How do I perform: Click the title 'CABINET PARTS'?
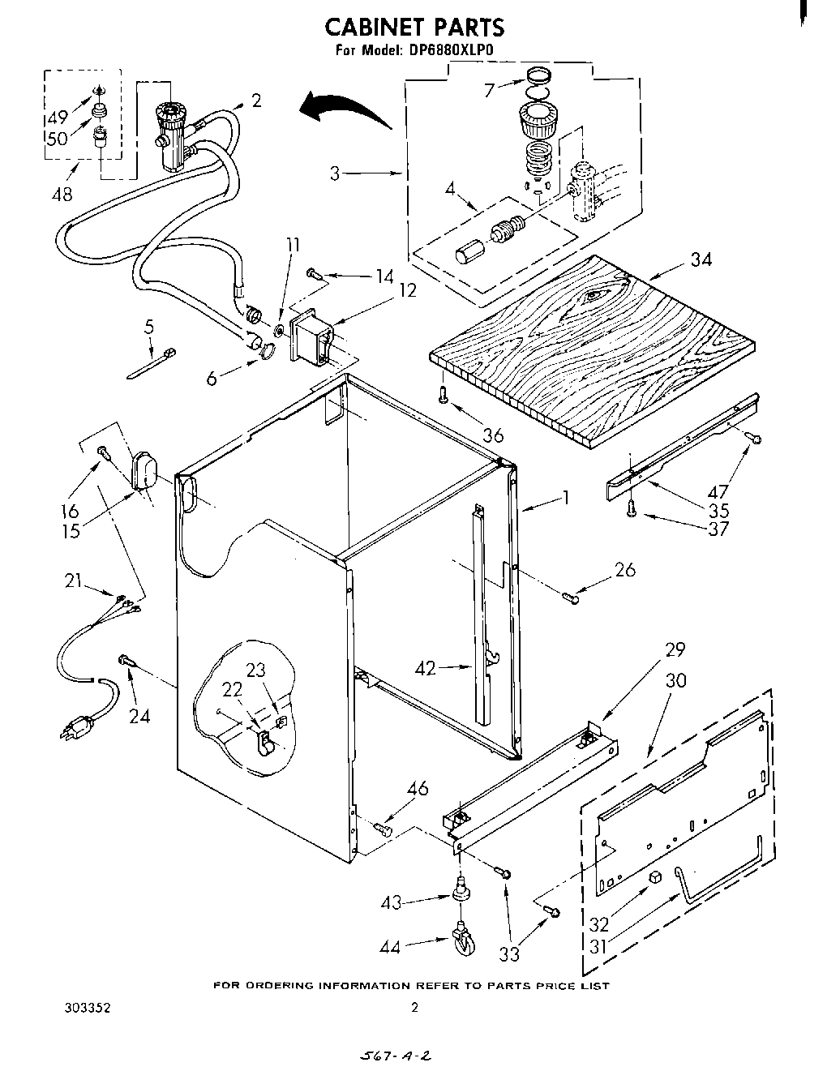[x=414, y=27]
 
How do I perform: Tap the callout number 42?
[x=425, y=669]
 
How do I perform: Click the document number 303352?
[x=87, y=1008]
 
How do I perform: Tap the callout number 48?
[x=61, y=194]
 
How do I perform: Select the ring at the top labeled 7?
[x=536, y=79]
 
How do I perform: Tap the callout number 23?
[x=256, y=670]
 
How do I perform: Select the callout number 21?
[x=75, y=580]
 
